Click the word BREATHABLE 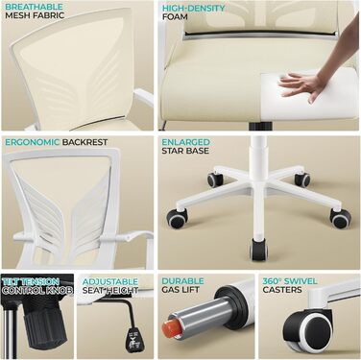34,7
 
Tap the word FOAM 175,16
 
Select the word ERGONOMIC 33,142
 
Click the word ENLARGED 185,142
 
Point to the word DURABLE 182,281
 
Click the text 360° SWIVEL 290,281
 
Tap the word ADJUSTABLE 110,281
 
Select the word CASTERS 282,290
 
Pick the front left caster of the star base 177,218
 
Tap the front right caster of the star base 340,218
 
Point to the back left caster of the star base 215,180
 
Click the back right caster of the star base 302,180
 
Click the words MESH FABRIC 35,15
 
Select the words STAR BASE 185,151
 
